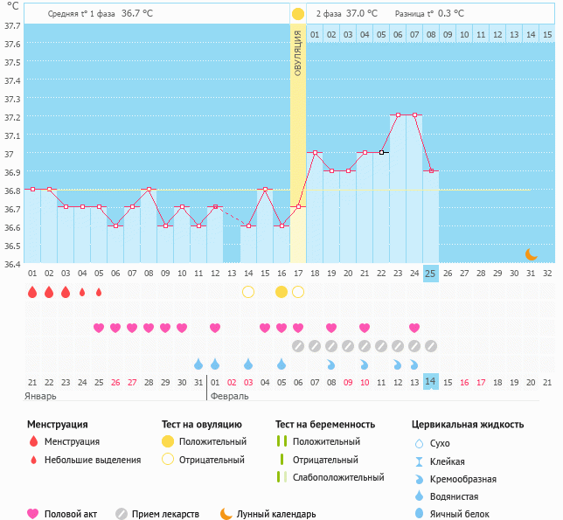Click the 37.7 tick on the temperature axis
(x=11, y=26)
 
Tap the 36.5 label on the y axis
(x=11, y=246)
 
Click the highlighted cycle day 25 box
(x=430, y=273)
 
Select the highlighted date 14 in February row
(x=430, y=382)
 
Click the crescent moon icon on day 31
(x=531, y=253)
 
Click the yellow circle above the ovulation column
(x=298, y=14)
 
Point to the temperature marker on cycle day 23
(x=398, y=114)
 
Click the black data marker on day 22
(x=381, y=152)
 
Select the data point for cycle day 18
(x=315, y=152)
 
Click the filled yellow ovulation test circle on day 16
(x=281, y=292)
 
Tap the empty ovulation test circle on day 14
(x=248, y=292)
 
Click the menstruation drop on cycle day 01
(x=32, y=292)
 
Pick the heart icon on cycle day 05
(x=99, y=328)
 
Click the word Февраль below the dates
(x=230, y=396)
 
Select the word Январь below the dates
(x=41, y=396)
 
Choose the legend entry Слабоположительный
(x=338, y=477)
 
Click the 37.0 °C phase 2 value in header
(x=362, y=14)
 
